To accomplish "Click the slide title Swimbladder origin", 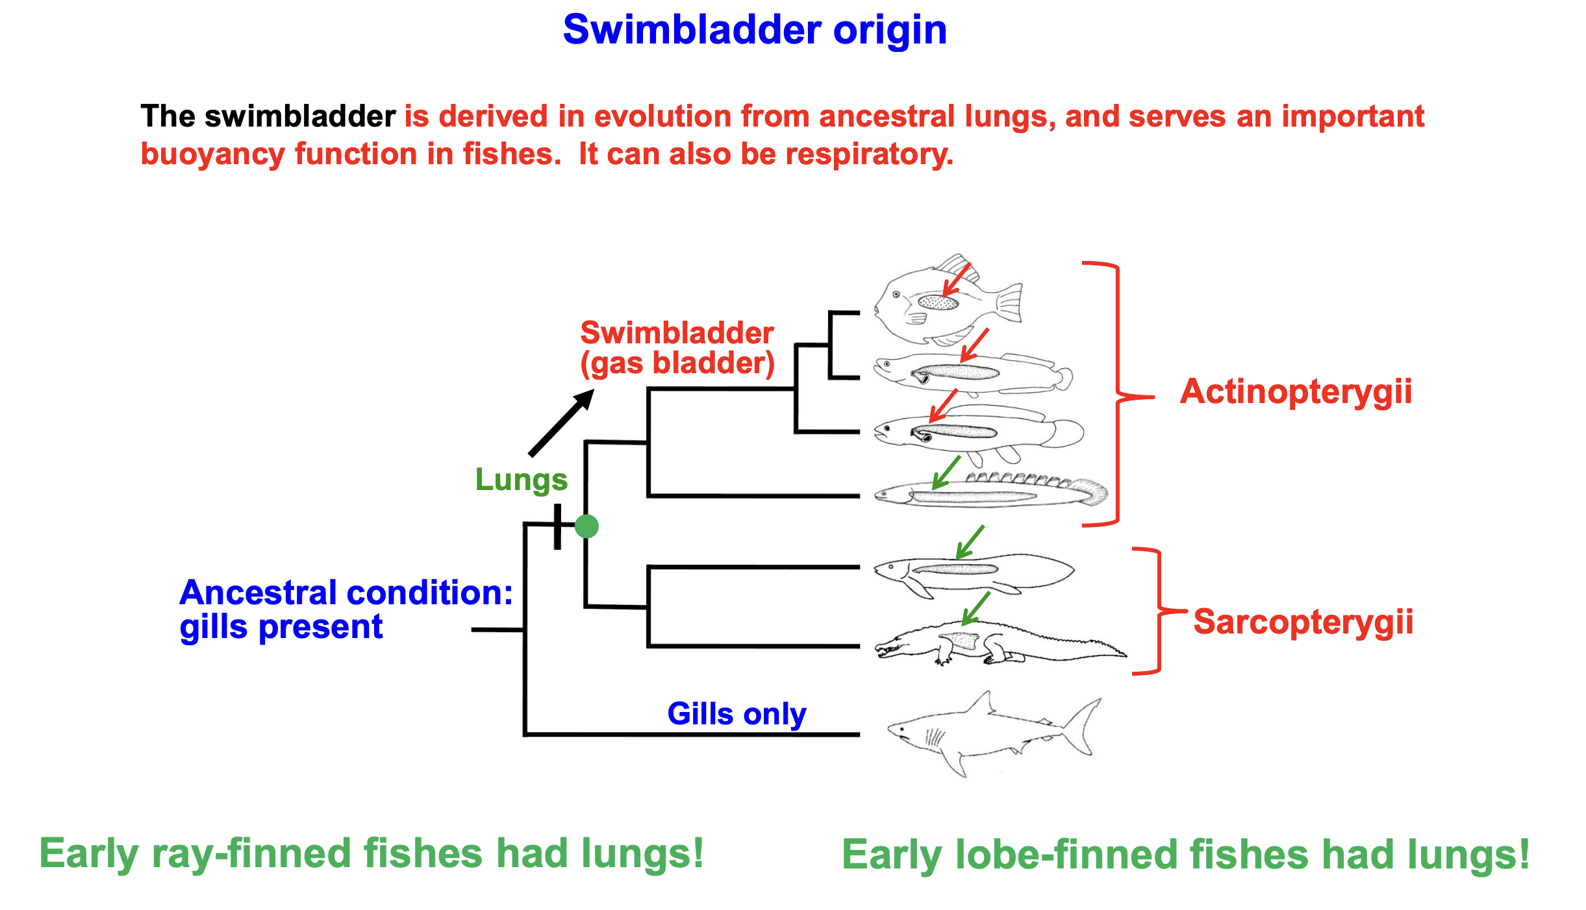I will pos(755,30).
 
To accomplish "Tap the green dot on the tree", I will pos(586,526).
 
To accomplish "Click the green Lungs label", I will pos(521,480).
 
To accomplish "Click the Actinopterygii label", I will pos(1296,391).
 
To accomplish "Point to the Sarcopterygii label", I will pos(1303,622).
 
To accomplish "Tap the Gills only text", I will pos(736,714).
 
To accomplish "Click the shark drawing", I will pos(987,733).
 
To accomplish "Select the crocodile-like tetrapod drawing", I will pos(994,643).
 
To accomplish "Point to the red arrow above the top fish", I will pos(955,278).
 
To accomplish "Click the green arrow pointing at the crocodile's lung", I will pos(976,608).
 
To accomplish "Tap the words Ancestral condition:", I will pos(346,593).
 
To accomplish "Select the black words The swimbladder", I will pos(268,117).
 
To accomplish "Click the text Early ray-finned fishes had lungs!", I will pos(371,853).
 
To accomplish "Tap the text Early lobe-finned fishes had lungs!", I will pos(1185,854).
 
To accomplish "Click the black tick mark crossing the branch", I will pos(557,526).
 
